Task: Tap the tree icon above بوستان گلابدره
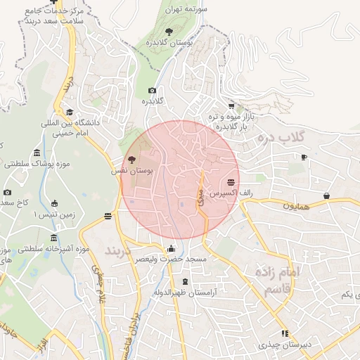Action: (168, 32)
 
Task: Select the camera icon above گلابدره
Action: (152, 91)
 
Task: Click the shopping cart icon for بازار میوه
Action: (231, 106)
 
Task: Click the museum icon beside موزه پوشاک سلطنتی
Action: (36, 154)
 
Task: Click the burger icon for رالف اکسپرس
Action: (231, 181)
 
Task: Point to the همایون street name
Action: (296, 206)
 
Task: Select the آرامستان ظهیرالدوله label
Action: (185, 291)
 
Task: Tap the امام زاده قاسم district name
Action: (278, 280)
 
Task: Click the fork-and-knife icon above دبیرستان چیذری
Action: (285, 333)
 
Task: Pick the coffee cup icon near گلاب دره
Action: (304, 157)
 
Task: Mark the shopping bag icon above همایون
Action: (326, 195)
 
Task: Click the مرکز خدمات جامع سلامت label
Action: (53, 16)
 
